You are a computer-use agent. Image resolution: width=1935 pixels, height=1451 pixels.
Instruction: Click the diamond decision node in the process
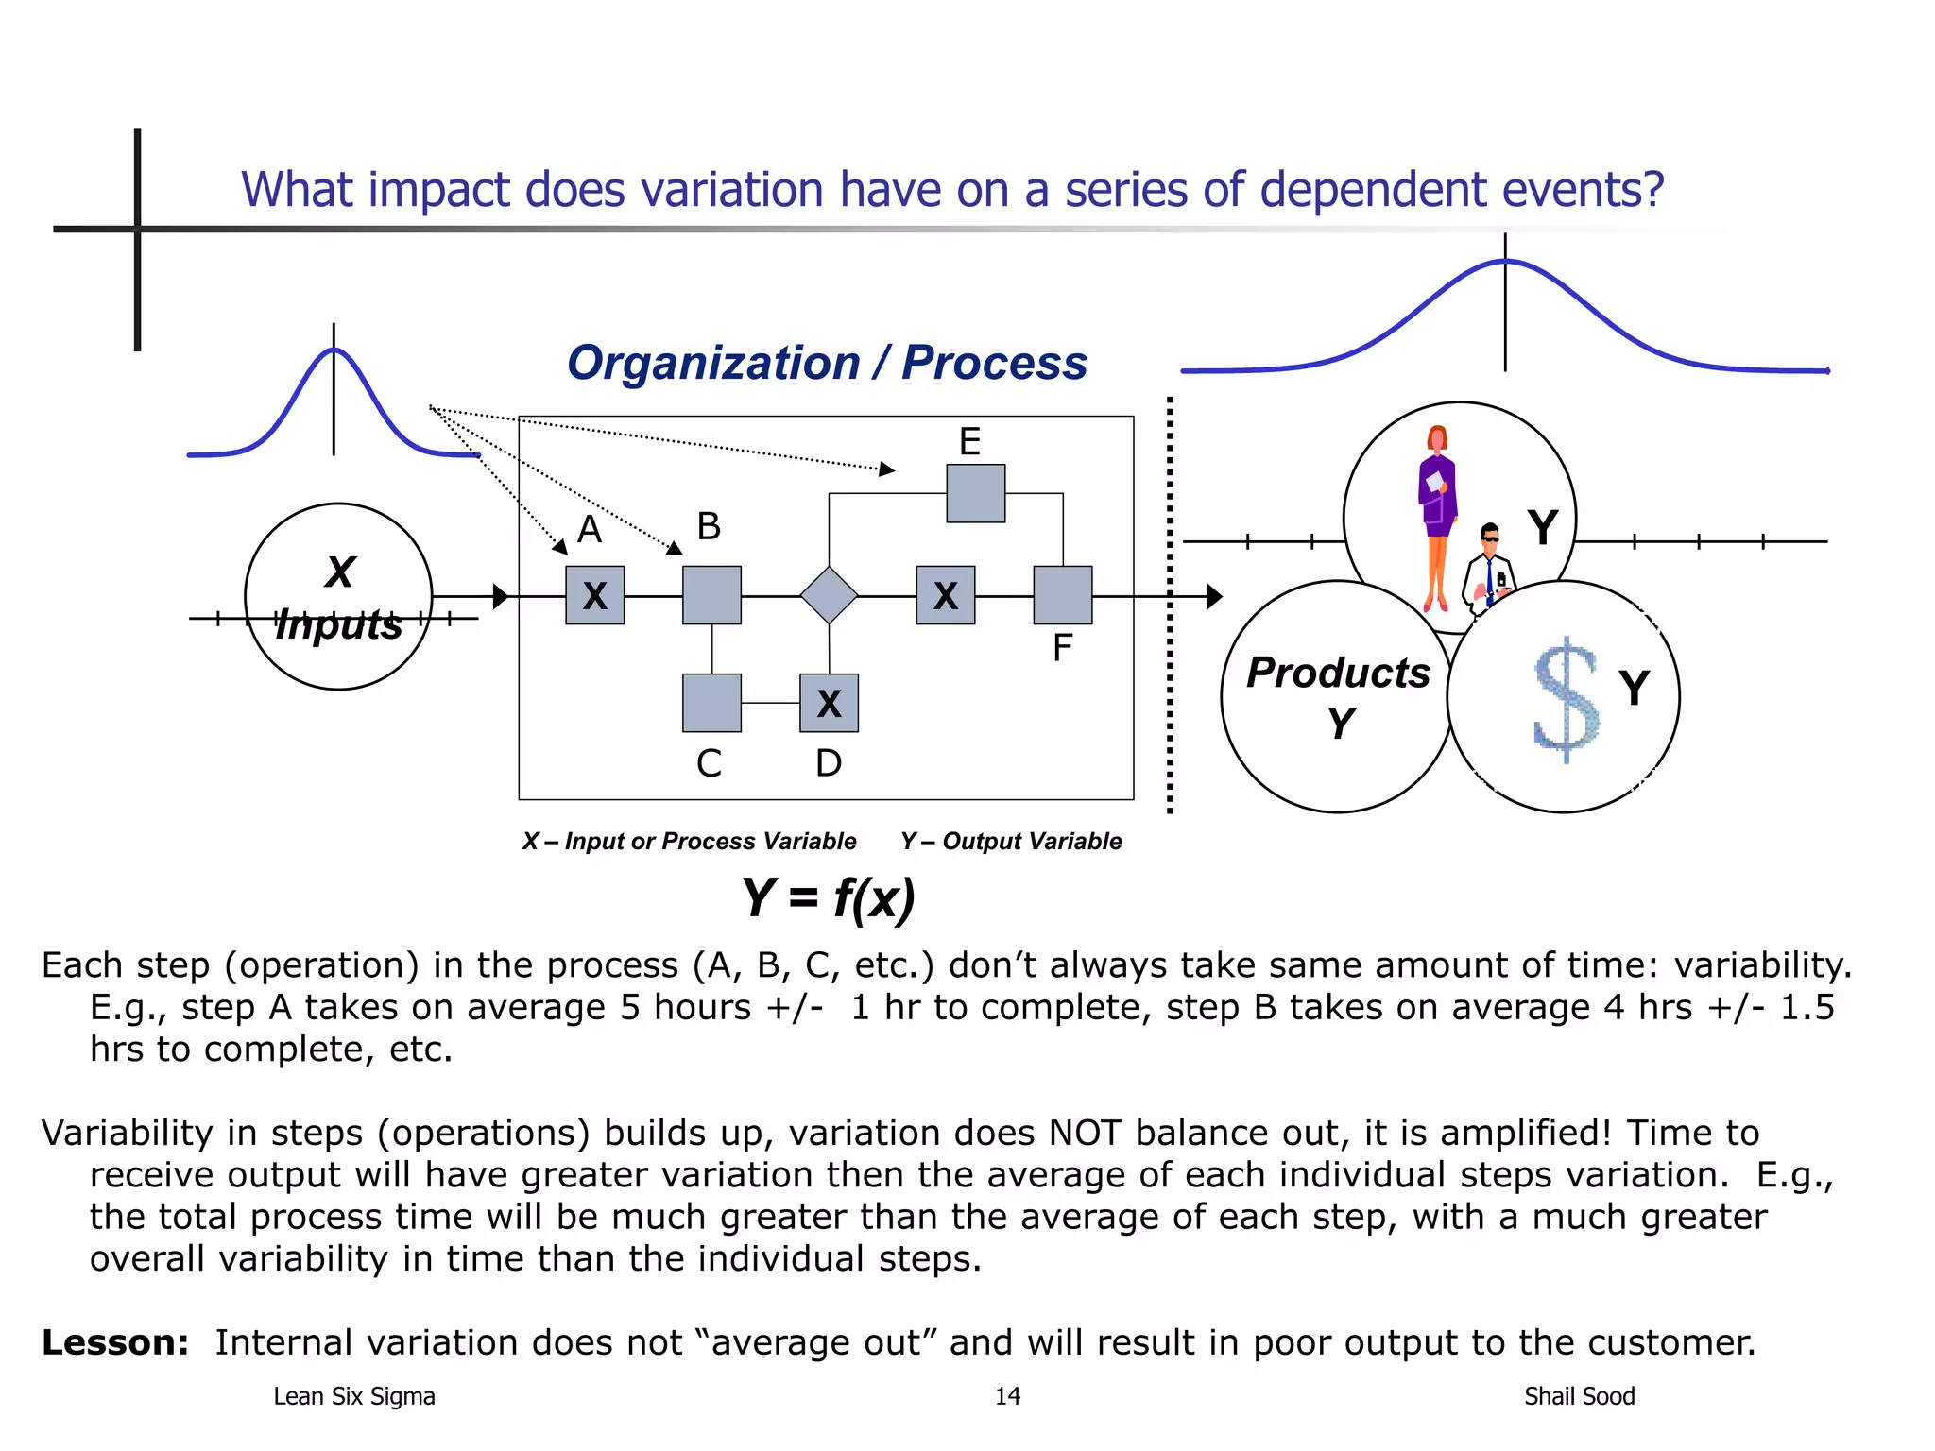829,595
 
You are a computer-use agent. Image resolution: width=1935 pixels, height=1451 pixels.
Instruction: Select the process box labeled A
594,595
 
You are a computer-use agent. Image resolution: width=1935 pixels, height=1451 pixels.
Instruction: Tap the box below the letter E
976,493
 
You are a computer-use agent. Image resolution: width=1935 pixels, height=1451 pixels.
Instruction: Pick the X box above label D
829,703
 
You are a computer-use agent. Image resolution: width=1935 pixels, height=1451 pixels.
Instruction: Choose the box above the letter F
1063,595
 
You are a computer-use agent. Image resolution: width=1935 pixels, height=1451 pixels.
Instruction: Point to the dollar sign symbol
1566,699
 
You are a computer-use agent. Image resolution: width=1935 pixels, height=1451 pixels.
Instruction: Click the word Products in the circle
1338,673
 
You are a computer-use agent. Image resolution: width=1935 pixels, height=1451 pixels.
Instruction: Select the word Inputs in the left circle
338,624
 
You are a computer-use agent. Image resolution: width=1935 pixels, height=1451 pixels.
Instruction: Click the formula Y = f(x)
829,897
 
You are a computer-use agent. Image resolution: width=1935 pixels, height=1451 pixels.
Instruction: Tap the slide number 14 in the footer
1007,1396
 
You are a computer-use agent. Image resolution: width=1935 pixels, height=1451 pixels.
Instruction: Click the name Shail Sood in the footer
1579,1396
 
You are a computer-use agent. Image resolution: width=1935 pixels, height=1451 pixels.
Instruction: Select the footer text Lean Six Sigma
354,1396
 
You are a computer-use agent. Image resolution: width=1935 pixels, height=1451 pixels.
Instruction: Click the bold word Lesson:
115,1342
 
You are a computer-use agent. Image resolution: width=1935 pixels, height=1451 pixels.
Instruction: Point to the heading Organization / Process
827,363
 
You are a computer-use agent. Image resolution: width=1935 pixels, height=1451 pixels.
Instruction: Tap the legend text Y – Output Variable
1011,841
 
